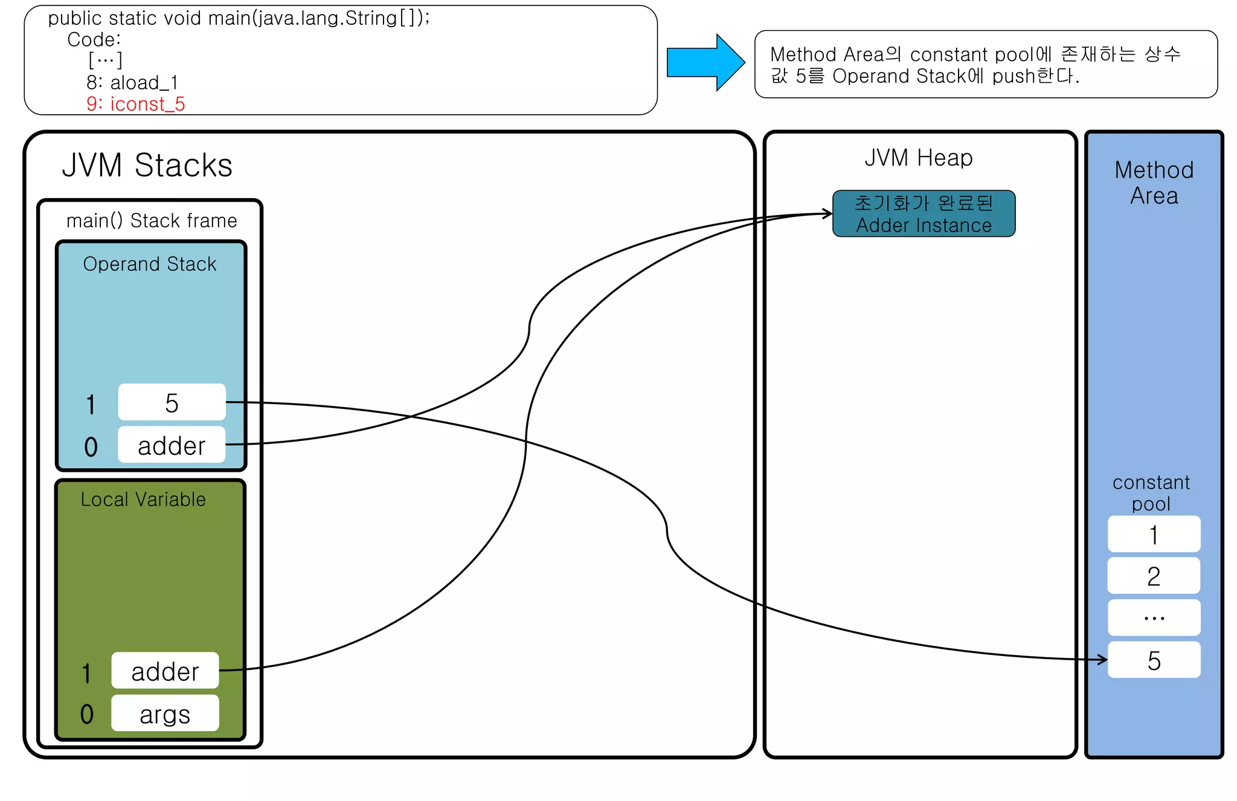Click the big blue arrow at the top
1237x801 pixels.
tap(704, 63)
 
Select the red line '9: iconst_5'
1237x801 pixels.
tap(135, 104)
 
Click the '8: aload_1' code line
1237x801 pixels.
tap(132, 82)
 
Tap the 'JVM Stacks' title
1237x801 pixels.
tap(147, 165)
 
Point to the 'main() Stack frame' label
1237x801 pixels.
tap(151, 220)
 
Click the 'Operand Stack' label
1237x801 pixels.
tap(149, 264)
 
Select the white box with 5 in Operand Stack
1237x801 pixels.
tap(172, 402)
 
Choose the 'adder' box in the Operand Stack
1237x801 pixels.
tap(172, 445)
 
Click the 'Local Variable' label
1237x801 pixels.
tap(143, 499)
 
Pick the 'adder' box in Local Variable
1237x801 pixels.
tap(165, 671)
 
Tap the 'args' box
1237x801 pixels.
tap(165, 713)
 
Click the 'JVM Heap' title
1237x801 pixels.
tap(918, 158)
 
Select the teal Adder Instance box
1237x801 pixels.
tap(923, 214)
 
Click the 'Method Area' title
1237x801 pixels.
tap(1154, 182)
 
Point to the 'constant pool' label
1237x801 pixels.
tap(1151, 492)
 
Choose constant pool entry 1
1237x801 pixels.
tap(1154, 534)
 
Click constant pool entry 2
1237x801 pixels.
tap(1154, 576)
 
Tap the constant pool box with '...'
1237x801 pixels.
tap(1154, 617)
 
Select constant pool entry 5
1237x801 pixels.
tap(1154, 660)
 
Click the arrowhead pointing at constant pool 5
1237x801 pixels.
tap(1103, 660)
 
